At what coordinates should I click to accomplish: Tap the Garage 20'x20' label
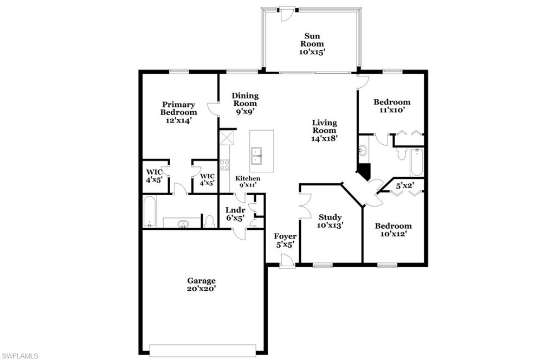click(x=202, y=285)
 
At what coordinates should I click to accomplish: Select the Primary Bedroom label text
click(x=178, y=112)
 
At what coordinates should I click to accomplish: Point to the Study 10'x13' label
click(x=330, y=221)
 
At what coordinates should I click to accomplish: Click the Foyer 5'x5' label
click(x=285, y=240)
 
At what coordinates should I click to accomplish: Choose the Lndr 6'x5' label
click(x=235, y=214)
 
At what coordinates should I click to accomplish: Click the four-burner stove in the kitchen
click(x=224, y=165)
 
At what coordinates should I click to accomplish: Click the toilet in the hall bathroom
click(x=402, y=154)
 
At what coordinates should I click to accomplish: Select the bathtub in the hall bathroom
click(x=416, y=162)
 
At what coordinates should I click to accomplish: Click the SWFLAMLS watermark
click(x=20, y=356)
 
